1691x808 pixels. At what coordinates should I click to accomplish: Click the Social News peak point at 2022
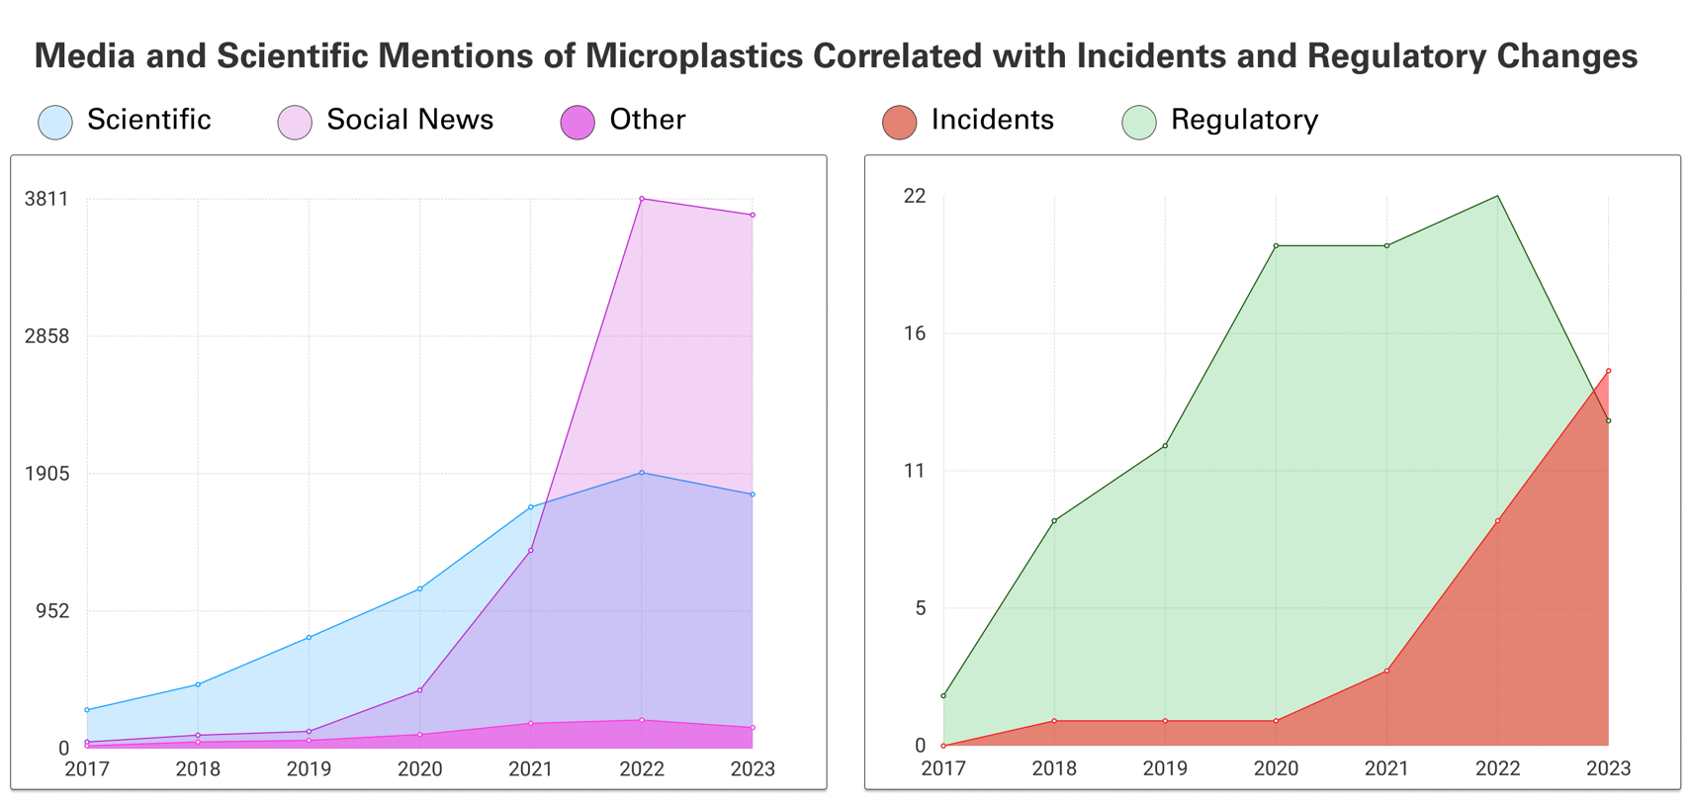coord(642,199)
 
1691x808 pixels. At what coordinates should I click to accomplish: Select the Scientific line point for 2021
coord(531,507)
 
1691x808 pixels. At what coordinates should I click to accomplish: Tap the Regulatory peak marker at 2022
coord(1497,196)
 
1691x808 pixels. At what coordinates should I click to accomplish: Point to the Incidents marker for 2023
coord(1608,371)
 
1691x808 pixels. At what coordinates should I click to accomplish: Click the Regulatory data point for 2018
coord(1054,521)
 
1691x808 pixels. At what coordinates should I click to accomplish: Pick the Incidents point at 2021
coord(1386,672)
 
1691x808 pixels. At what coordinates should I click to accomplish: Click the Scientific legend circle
coord(55,123)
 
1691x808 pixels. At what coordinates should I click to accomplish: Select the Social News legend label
coord(409,120)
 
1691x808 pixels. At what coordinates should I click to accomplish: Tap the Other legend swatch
coord(578,123)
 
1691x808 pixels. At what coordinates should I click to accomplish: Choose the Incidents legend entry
coord(992,120)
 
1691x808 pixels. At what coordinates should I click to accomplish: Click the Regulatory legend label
coord(1244,120)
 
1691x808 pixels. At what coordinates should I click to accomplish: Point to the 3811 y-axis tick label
coord(46,199)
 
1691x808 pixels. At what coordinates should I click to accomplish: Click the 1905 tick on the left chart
coord(46,474)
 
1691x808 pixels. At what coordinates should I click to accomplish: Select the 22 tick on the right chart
coord(915,196)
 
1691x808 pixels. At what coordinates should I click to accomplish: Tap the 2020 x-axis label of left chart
coord(420,768)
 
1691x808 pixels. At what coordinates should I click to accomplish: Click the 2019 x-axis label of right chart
coord(1165,768)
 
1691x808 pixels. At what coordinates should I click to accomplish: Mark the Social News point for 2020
coord(420,690)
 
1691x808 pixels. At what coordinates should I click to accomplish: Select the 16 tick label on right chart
coord(915,333)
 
